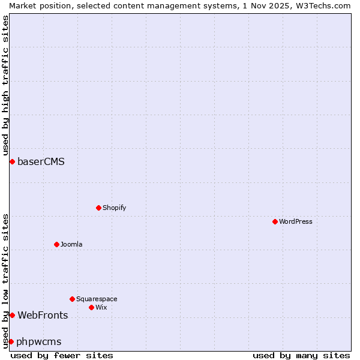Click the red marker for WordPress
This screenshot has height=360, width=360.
(x=275, y=221)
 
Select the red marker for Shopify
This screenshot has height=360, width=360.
(x=99, y=208)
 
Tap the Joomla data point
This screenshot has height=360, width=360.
(x=57, y=244)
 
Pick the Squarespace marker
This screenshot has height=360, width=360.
(x=73, y=299)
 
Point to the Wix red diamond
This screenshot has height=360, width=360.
(x=92, y=307)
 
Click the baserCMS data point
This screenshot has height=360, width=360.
(x=12, y=161)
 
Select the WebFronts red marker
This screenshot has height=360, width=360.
(x=12, y=315)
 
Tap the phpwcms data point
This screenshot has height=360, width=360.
(x=11, y=341)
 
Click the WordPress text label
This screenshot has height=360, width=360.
(x=296, y=221)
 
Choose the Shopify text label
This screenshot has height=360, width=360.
(x=114, y=208)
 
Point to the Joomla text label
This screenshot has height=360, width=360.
(x=71, y=244)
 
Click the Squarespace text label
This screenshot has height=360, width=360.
(x=97, y=299)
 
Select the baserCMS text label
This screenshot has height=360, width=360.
(x=41, y=161)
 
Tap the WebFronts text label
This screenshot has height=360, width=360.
(x=43, y=315)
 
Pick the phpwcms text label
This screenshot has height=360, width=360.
(x=39, y=341)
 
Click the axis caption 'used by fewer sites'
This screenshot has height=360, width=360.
(x=62, y=355)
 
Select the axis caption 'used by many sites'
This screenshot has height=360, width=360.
(x=301, y=355)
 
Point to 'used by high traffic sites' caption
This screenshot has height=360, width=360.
(x=5, y=85)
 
